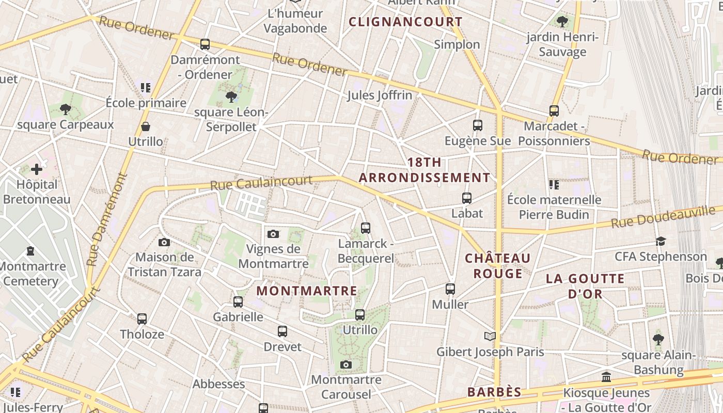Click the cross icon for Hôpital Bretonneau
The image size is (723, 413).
coord(37,169)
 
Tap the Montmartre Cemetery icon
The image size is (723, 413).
coord(30,251)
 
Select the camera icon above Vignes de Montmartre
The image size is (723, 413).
coord(273,234)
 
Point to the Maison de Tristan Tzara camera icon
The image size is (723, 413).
coord(164,242)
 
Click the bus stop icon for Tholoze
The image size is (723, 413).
coord(142,319)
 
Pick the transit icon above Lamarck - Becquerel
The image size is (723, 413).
coord(366,228)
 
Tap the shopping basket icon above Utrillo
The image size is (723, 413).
coord(146,126)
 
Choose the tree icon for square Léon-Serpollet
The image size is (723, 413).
coord(231,97)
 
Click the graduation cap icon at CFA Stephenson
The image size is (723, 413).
coord(661,241)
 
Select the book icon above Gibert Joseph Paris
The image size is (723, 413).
coord(490,337)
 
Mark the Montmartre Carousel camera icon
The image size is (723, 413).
coord(346,365)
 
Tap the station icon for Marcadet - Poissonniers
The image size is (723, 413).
coord(554,110)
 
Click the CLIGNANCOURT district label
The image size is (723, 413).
coord(405,22)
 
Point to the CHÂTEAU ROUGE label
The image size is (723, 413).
coord(498,265)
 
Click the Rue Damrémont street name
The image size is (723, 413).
coord(107,219)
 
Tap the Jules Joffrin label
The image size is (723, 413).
coord(380,95)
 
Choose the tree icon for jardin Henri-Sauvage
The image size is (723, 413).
coord(562,22)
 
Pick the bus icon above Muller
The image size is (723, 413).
coord(450,289)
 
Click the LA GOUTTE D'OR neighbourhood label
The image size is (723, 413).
coord(585,286)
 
